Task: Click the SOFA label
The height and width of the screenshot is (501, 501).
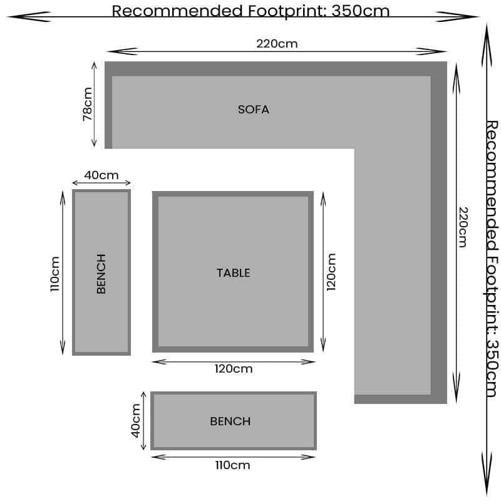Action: tap(253, 110)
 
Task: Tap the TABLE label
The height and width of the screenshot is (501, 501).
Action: tap(233, 272)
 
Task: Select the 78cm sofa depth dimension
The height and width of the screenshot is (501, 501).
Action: tap(88, 105)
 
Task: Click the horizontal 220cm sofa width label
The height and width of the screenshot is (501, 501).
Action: tap(277, 44)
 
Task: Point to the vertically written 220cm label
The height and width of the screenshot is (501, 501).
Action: tap(462, 227)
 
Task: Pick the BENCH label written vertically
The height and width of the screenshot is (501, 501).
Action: tap(101, 273)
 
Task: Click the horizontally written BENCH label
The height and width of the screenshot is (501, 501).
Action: tap(230, 421)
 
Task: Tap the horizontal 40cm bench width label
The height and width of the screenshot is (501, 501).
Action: tap(101, 175)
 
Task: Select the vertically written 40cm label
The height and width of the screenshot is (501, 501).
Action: tap(136, 421)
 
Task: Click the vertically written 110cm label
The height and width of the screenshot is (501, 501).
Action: tap(54, 274)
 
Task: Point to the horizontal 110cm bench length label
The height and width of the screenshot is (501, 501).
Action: tap(232, 465)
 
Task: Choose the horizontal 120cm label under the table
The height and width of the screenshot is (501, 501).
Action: tap(234, 369)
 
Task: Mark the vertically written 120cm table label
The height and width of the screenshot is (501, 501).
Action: tap(331, 272)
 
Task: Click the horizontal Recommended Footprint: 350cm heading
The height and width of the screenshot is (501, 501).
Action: tap(250, 11)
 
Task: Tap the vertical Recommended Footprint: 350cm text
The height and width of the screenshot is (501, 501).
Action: tap(492, 258)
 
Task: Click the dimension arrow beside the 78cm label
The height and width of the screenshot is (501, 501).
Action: tap(95, 105)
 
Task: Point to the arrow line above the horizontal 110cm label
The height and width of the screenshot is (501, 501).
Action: tap(233, 457)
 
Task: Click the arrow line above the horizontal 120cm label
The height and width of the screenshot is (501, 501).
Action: tap(232, 361)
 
